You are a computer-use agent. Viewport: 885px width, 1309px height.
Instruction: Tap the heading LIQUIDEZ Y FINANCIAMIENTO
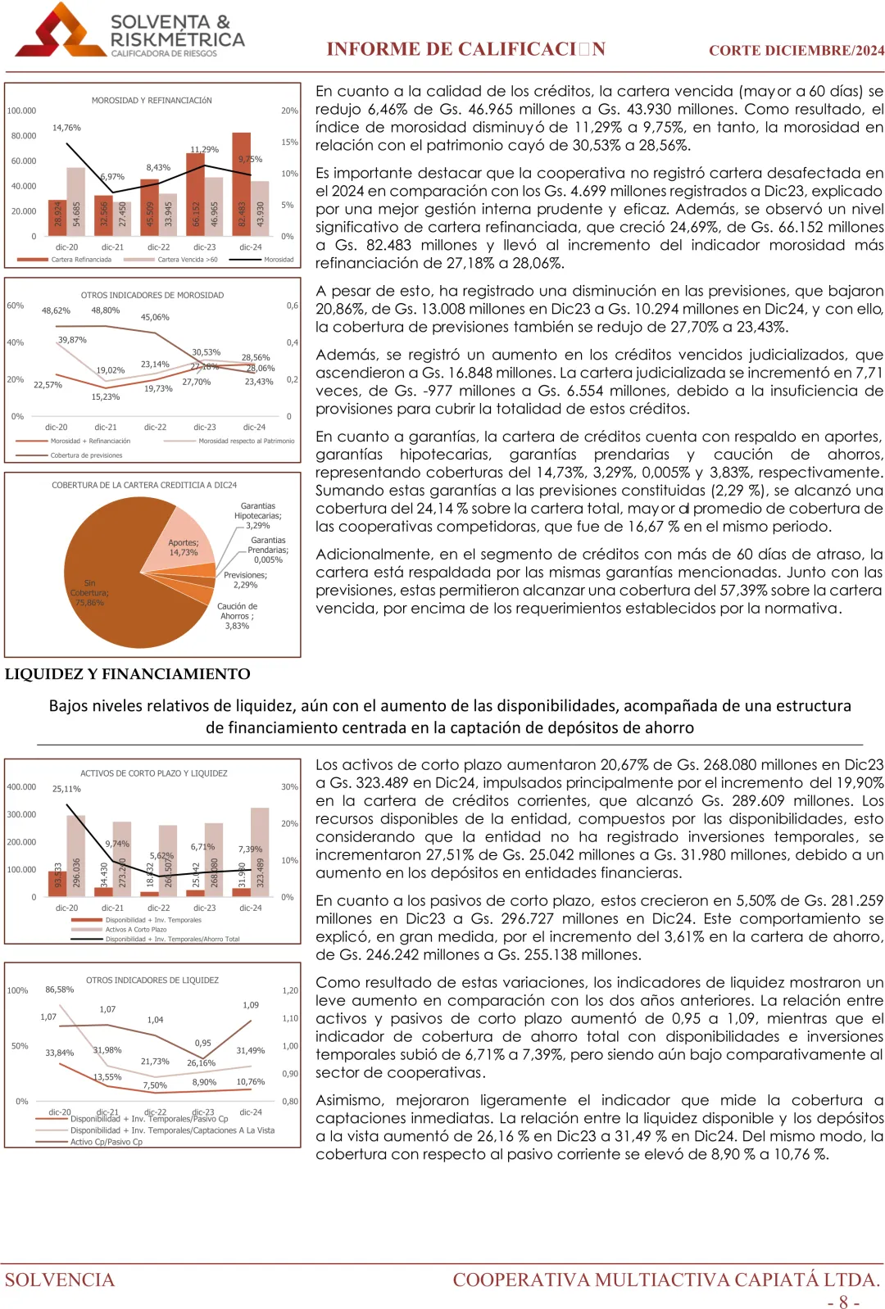coord(128,674)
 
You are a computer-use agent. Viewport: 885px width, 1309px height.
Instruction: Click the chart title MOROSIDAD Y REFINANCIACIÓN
coord(152,101)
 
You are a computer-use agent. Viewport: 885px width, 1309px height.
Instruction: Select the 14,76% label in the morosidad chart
coord(66,128)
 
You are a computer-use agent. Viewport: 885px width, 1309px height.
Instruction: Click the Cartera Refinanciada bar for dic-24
coord(241,184)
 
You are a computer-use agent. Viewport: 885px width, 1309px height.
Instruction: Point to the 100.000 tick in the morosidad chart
coord(22,111)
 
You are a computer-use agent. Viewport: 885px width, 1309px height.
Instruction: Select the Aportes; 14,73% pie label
coord(184,547)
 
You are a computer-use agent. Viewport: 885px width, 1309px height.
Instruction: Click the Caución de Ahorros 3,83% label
coord(237,616)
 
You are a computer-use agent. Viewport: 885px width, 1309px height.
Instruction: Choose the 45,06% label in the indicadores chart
coord(155,317)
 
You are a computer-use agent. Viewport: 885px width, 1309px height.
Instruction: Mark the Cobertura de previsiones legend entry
coord(86,455)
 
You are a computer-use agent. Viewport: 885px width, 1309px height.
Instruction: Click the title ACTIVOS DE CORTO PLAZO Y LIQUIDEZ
coord(153,773)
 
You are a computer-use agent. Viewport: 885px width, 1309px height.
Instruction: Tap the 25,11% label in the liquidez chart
coord(66,789)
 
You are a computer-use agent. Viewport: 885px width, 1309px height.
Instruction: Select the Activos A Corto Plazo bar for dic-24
coord(260,852)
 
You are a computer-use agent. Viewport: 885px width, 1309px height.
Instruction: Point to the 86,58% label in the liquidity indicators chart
coord(59,990)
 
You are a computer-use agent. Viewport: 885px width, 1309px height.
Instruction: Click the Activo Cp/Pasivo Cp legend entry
coord(106,1142)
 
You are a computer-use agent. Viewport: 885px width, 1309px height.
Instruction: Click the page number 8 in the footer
coord(843,1302)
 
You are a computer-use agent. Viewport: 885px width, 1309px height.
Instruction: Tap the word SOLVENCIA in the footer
coord(60,1280)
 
